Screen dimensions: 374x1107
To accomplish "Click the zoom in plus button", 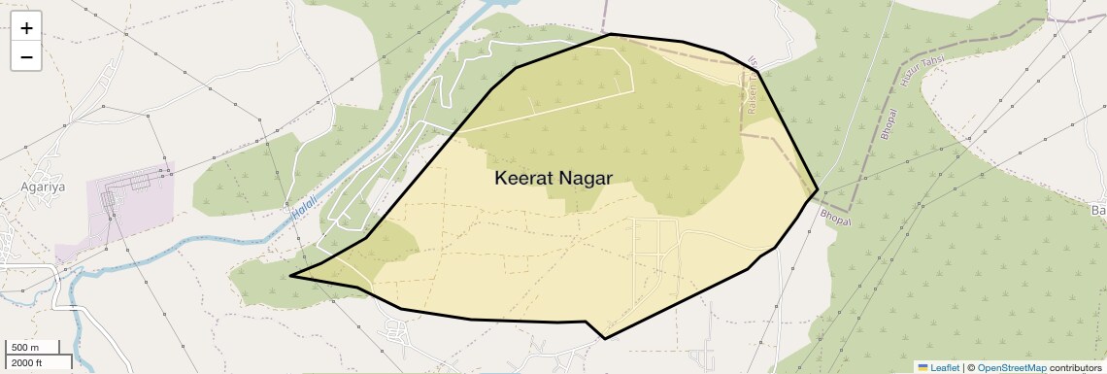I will coord(26,28).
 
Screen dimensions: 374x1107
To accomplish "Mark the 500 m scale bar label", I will coord(24,348).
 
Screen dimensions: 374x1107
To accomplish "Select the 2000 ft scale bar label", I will coord(26,363).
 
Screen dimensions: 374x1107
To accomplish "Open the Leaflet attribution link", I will coord(944,367).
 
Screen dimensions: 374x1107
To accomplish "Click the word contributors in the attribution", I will coord(1075,367).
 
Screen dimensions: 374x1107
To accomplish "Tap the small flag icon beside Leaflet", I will coord(922,367).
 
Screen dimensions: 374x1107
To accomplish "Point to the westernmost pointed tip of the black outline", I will coord(290,275).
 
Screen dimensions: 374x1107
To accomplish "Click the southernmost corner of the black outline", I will coord(605,338).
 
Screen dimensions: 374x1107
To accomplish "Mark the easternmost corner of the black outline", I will coord(818,188).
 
